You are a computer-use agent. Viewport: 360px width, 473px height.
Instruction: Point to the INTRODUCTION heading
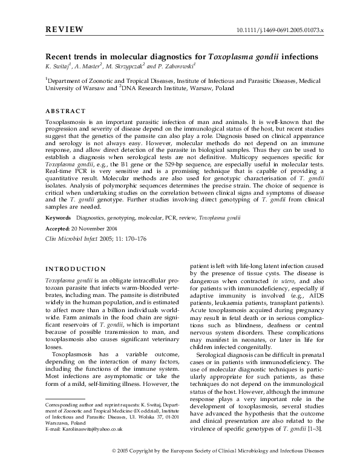pyautogui.click(x=76, y=269)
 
